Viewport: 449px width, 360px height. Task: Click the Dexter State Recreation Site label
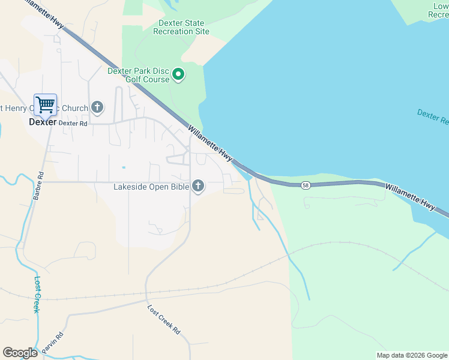click(181, 27)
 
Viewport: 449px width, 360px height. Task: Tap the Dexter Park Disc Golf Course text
click(138, 75)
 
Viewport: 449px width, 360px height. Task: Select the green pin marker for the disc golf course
click(178, 75)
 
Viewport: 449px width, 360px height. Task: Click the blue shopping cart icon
click(45, 105)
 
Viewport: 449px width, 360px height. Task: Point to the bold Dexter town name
click(43, 121)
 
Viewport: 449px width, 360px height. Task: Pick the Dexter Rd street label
click(74, 123)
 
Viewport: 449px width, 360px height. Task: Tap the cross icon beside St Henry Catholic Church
click(97, 108)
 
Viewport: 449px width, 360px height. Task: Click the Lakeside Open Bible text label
click(151, 187)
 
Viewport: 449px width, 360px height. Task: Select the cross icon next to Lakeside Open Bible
click(198, 187)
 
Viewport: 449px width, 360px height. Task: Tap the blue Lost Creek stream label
click(37, 294)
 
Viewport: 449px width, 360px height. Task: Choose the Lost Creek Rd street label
click(164, 320)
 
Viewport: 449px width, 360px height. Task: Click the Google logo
click(20, 353)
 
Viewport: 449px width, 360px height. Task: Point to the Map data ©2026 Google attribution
click(411, 355)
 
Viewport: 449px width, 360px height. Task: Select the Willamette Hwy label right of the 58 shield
click(411, 196)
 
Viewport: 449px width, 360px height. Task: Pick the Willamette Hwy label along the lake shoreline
click(210, 143)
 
